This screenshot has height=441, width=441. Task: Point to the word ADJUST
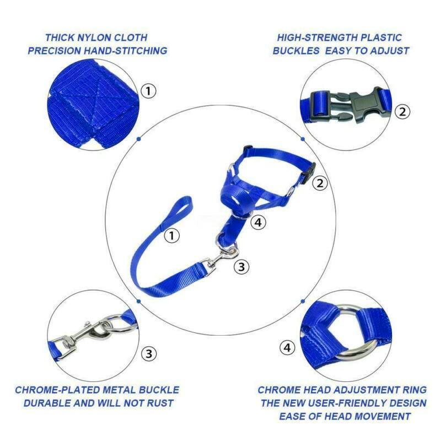click(390, 51)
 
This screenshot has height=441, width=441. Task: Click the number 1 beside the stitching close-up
click(148, 90)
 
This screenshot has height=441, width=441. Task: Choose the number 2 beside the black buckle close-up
click(403, 111)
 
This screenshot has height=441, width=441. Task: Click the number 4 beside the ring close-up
click(287, 348)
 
